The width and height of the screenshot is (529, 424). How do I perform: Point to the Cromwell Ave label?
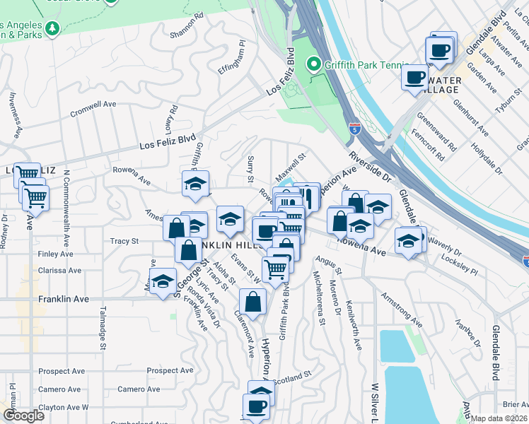[93, 104]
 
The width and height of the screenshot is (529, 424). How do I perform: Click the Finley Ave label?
[56, 254]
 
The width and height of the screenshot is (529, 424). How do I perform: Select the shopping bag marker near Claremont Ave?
[252, 302]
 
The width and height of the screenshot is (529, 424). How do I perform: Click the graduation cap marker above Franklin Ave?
[163, 281]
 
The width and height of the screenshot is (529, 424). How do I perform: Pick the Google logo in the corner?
[23, 415]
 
